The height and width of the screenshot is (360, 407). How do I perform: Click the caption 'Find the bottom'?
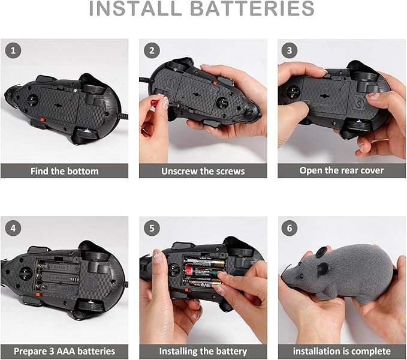[64, 171]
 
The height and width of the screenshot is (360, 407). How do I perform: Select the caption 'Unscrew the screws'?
[203, 171]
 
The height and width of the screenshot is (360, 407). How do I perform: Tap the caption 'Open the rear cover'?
[342, 170]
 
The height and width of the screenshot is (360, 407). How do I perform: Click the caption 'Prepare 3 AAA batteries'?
[64, 351]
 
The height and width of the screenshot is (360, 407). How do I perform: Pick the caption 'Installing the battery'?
[203, 351]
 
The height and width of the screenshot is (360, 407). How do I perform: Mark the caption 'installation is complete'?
[342, 351]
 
